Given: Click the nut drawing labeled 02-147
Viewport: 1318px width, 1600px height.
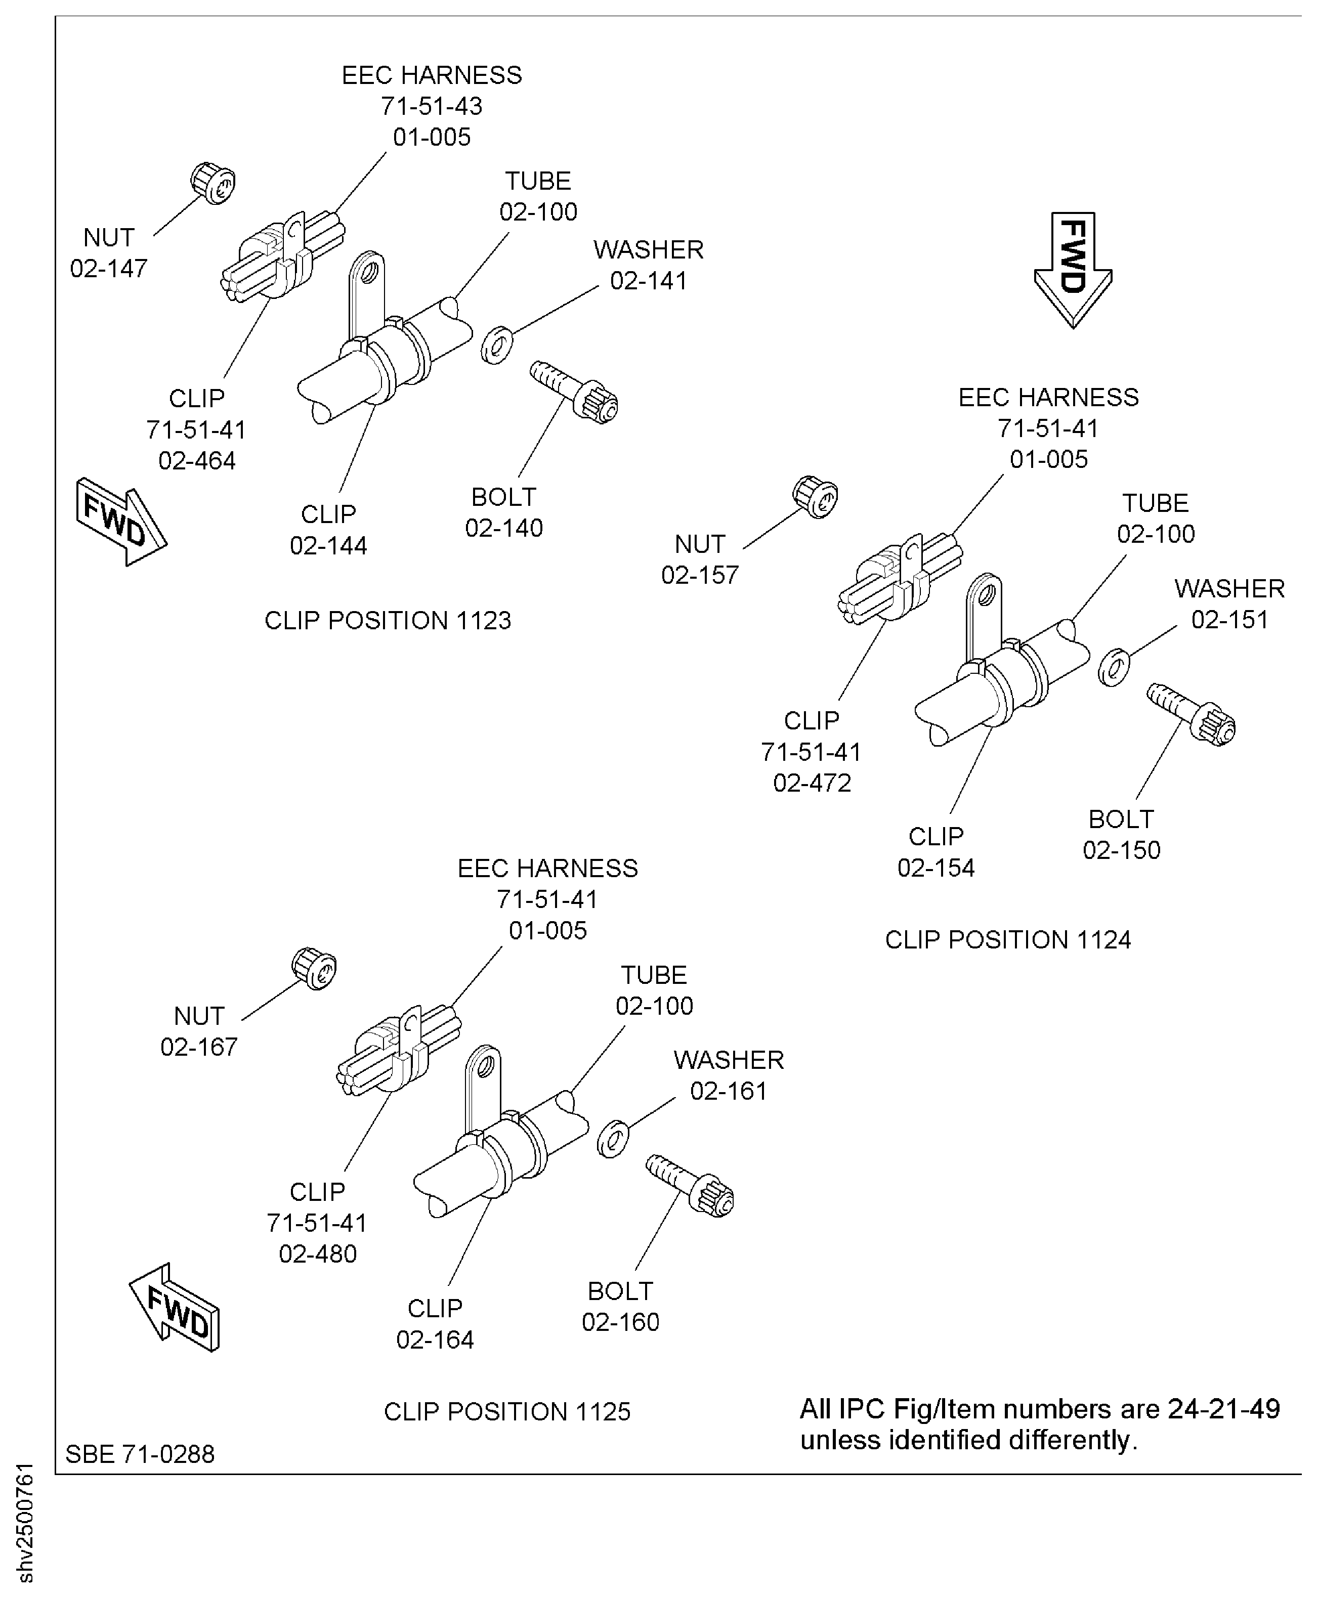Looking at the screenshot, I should [212, 182].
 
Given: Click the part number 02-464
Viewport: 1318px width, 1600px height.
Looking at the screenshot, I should [197, 461].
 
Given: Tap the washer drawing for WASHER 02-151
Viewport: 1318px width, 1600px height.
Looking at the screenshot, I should [1114, 667].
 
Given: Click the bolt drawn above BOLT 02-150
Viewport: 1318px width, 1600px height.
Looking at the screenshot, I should [1191, 713].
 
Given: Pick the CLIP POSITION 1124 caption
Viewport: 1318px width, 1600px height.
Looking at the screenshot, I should [1007, 940].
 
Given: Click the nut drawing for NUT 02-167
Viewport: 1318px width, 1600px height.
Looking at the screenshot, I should [314, 969].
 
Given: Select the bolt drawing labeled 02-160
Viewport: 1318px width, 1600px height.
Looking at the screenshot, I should [690, 1186].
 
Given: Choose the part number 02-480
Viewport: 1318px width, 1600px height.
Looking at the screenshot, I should [317, 1254].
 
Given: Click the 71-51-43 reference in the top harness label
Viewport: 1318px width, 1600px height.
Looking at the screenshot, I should [431, 106].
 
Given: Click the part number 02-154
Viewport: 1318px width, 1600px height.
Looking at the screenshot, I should [936, 868].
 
